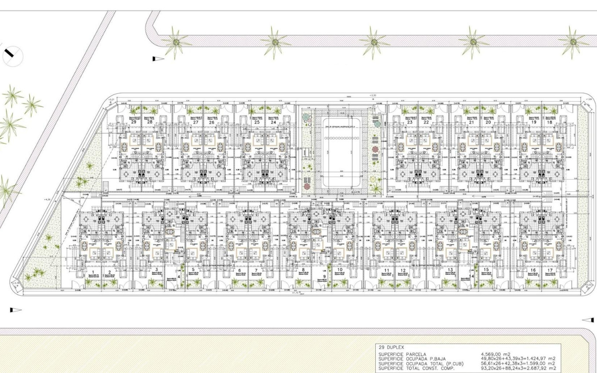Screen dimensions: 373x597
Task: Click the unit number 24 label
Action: pos(273,122)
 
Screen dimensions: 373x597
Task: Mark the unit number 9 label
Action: pos(324,276)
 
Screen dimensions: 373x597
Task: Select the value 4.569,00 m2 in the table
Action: pos(496,354)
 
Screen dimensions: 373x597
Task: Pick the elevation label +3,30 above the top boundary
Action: pos(373,95)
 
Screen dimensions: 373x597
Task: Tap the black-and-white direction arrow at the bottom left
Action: pos(16,310)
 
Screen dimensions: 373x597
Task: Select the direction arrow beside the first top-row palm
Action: pos(158,59)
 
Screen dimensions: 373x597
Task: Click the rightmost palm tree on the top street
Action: pos(573,42)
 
